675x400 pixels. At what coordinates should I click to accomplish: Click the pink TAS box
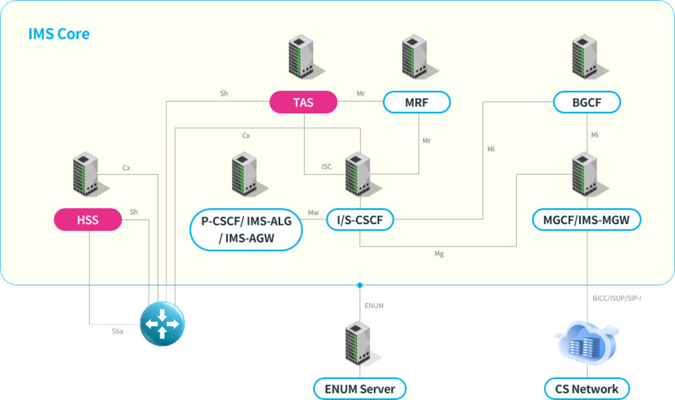coord(303,102)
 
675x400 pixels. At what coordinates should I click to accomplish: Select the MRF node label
coord(417,102)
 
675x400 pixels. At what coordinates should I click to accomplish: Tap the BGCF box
coord(587,102)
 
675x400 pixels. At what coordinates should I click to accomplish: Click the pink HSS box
coord(88,219)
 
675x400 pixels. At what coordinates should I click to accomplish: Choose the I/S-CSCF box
coord(360,219)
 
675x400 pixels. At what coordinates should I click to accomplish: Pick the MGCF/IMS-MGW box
coord(587,219)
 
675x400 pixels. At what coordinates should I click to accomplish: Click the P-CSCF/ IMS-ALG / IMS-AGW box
coord(246,229)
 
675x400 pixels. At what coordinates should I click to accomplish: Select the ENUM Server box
coord(360,389)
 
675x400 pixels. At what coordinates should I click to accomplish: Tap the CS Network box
coord(587,389)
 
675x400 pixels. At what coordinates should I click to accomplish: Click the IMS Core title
coord(59,34)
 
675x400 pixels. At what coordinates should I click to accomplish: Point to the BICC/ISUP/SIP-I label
coord(617,299)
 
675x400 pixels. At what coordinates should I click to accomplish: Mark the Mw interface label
coord(314,213)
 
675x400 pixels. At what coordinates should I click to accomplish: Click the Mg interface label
coord(439,254)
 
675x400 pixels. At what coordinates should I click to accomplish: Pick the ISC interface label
coord(326,167)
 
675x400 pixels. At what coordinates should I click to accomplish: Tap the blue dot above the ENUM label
coord(360,285)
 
